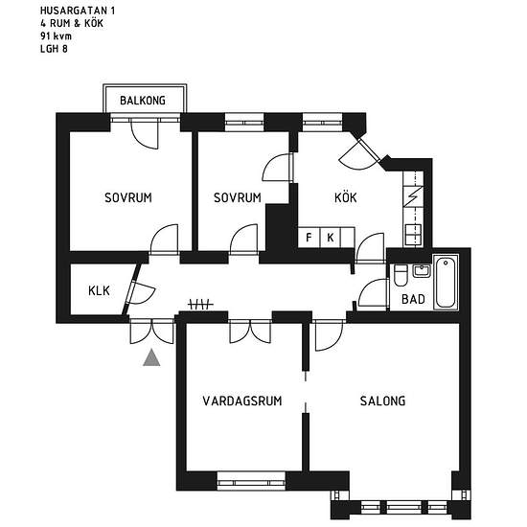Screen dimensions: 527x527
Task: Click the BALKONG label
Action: click(x=143, y=101)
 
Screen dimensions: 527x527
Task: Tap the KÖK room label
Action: click(x=346, y=197)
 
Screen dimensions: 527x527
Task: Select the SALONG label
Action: click(x=382, y=401)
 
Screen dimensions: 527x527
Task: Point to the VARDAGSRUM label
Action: click(x=242, y=401)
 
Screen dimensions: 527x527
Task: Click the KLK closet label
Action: click(x=99, y=290)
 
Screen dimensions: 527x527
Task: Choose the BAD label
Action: click(x=413, y=299)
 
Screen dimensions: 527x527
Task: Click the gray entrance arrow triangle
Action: click(x=151, y=357)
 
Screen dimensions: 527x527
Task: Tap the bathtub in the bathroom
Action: click(x=446, y=283)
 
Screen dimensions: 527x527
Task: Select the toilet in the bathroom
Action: click(x=401, y=275)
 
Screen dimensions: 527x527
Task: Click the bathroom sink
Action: click(x=422, y=271)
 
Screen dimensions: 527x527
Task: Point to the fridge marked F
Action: click(x=309, y=238)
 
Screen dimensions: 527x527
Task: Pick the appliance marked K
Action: click(x=331, y=238)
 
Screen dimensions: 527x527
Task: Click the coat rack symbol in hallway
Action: click(x=200, y=304)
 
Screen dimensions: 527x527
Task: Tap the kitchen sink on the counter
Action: click(x=413, y=234)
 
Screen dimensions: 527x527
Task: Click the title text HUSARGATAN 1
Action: click(x=78, y=11)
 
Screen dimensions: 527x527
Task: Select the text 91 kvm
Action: click(x=56, y=36)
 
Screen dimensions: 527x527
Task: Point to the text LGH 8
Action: click(x=54, y=49)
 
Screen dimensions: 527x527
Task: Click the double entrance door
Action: click(x=152, y=332)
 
